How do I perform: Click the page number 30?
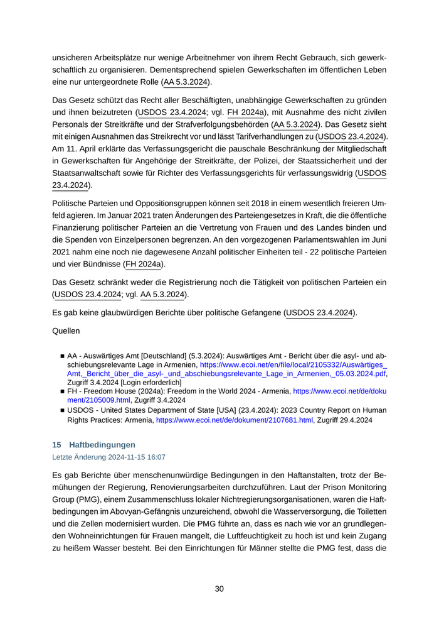point(219,589)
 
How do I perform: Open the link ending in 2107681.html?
point(234,420)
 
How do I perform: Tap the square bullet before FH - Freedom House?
point(63,391)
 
